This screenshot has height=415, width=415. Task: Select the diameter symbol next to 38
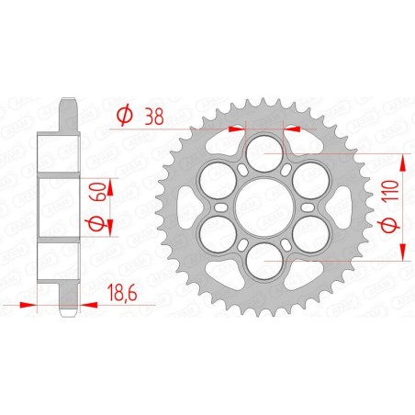pyautogui.click(x=127, y=114)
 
